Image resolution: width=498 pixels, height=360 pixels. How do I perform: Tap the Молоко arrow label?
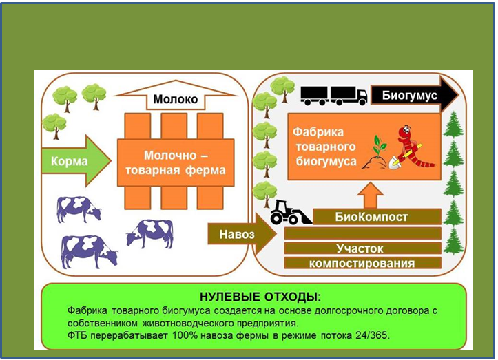[x=175, y=100]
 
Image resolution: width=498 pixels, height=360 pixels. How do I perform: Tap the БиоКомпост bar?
[x=371, y=217]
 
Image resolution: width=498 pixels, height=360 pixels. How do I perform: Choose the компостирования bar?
[x=362, y=263]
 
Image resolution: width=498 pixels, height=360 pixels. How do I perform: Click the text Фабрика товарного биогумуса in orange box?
[x=324, y=146]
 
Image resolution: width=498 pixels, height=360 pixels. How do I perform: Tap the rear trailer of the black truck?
[x=314, y=95]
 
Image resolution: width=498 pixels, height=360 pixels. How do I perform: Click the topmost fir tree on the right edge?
[x=453, y=124]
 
